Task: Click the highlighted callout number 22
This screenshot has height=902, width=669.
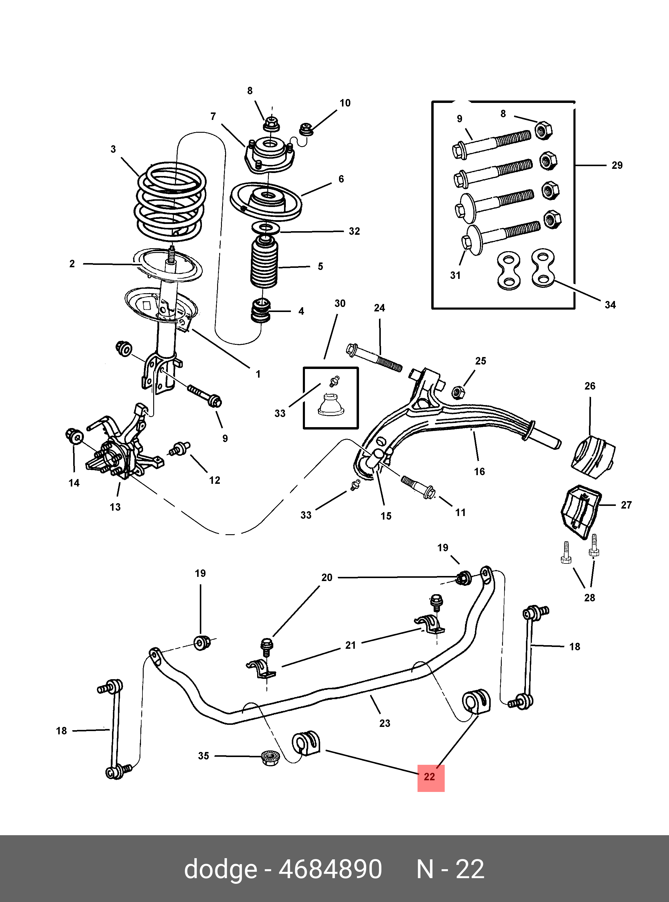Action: click(x=430, y=777)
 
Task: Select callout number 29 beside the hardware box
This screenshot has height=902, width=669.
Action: click(x=617, y=166)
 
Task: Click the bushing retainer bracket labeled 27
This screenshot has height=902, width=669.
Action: click(x=579, y=512)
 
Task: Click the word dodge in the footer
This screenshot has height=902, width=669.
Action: click(x=220, y=869)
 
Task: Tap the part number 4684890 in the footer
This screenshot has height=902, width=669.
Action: click(x=330, y=869)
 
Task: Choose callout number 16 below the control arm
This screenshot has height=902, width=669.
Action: click(x=479, y=471)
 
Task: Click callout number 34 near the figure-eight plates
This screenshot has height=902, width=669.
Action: click(x=610, y=305)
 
